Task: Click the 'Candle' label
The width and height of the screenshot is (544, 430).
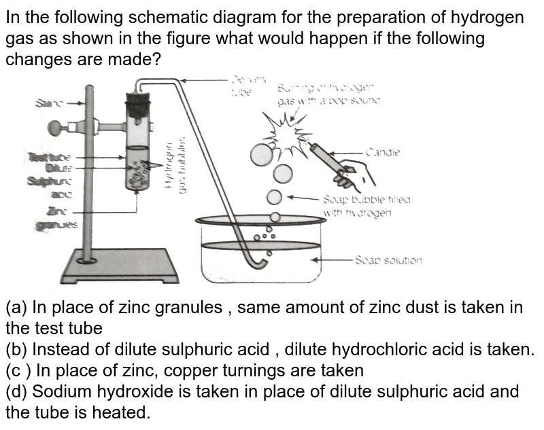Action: pos(383,153)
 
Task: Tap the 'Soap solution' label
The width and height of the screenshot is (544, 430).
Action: pos(388,260)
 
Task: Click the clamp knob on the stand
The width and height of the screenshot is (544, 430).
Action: pos(65,128)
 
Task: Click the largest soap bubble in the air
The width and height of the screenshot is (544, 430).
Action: pos(260,155)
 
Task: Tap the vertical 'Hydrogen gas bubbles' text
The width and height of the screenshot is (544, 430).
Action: pos(177,163)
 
